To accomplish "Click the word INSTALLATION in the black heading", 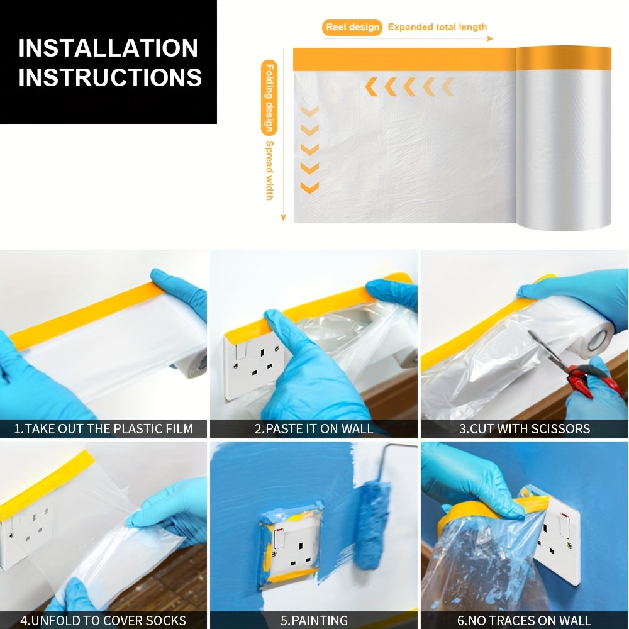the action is click(x=108, y=48).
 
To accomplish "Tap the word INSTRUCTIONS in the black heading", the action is click(x=110, y=77).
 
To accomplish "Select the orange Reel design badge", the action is click(x=352, y=27).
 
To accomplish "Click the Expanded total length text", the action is click(x=437, y=27).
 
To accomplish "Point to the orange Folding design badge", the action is click(x=269, y=98).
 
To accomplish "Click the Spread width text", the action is click(x=270, y=170).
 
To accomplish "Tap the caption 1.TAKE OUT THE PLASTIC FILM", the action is click(x=104, y=429).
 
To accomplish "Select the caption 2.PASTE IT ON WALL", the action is click(x=314, y=429).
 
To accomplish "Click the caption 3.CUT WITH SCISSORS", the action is click(x=525, y=429).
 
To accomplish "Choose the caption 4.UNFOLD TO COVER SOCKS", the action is click(x=103, y=620).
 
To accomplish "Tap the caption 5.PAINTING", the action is click(x=314, y=620).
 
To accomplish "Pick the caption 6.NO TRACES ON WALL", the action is click(x=524, y=620).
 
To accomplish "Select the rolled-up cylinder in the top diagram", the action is click(x=563, y=138).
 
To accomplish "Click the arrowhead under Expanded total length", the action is click(x=490, y=38).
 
